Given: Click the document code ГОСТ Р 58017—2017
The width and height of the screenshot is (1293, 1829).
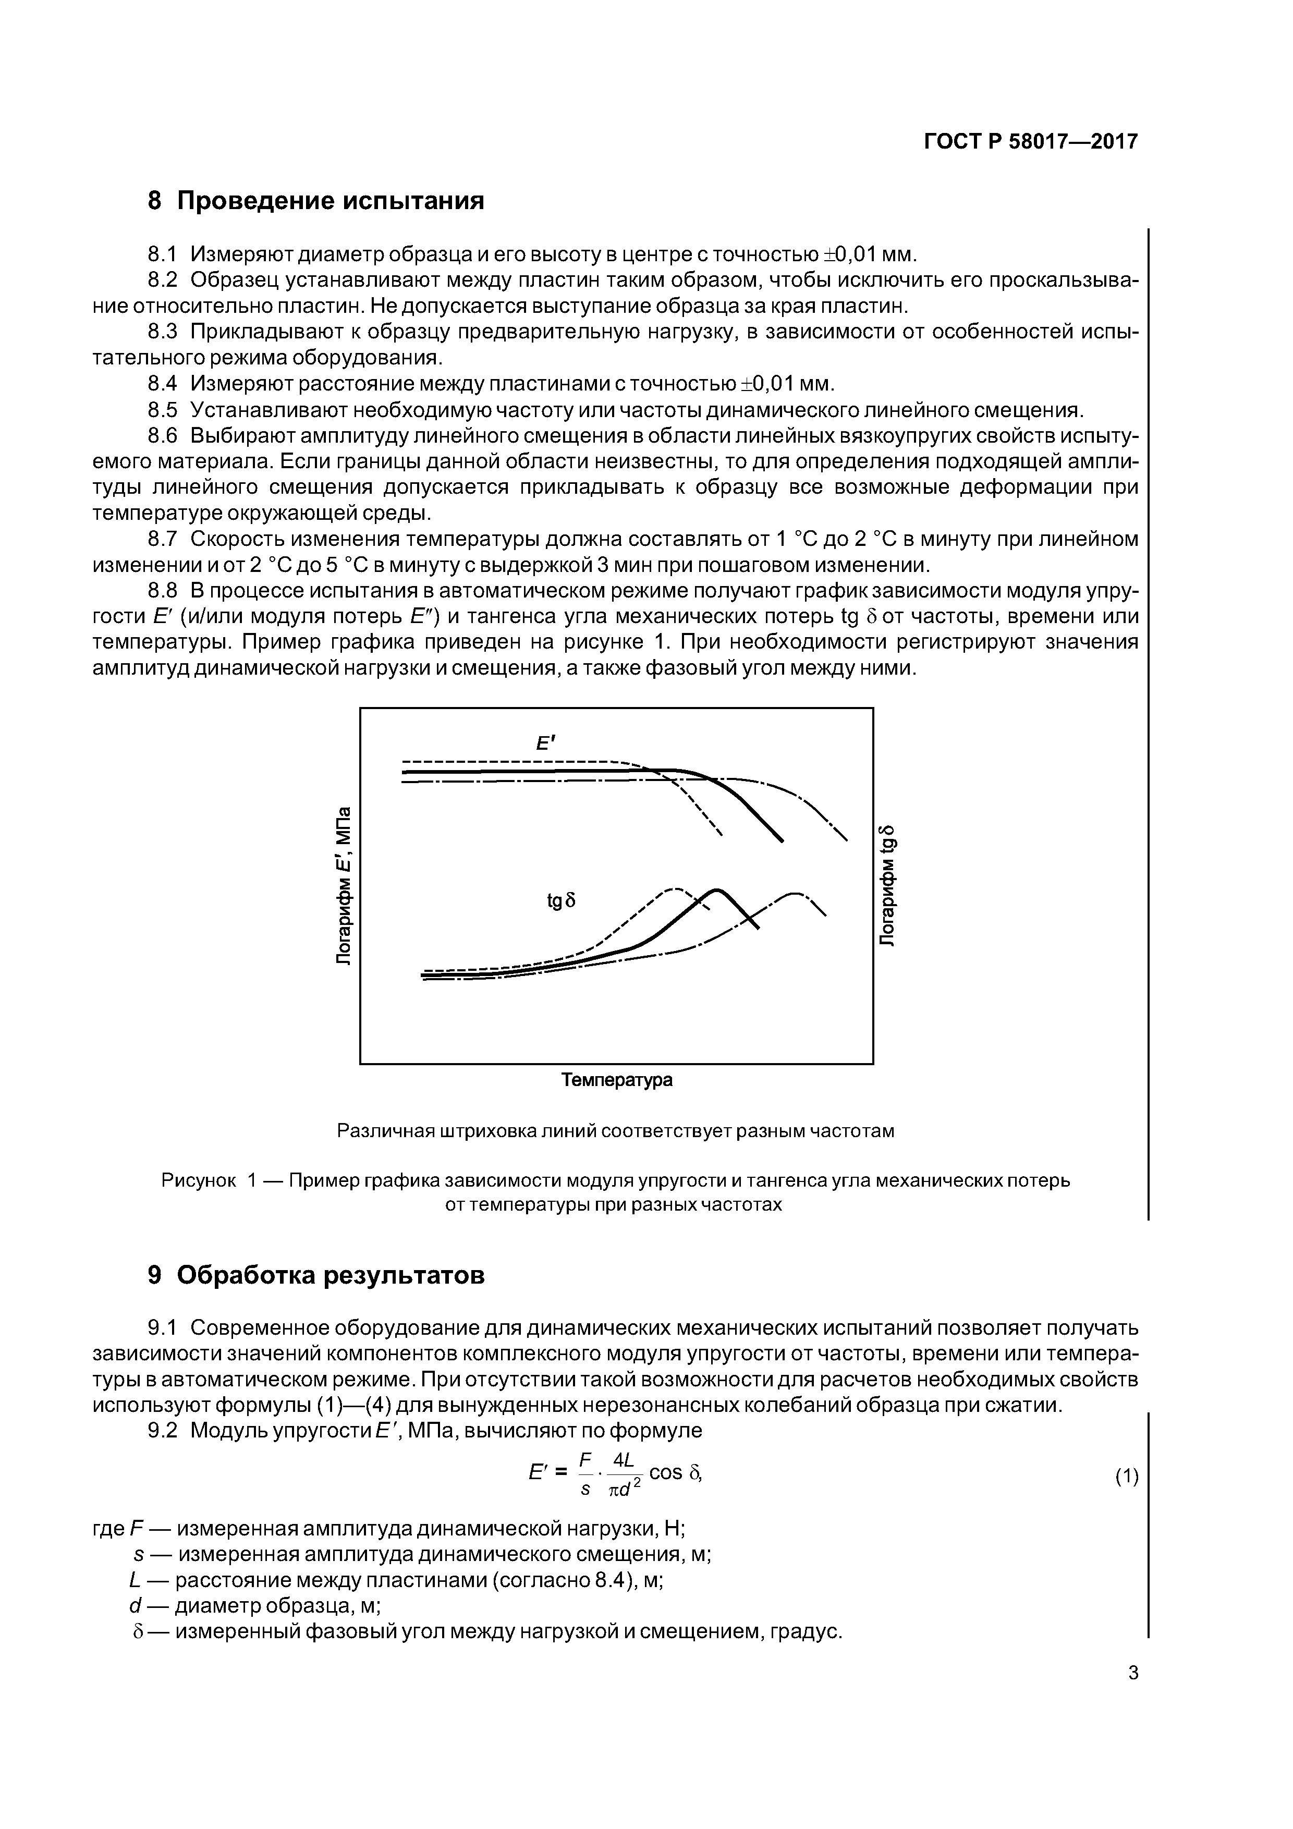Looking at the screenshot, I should (1030, 142).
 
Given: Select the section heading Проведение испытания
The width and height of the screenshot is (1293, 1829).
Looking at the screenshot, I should (330, 201).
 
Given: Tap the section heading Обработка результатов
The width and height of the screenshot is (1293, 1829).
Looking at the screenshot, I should (330, 1275).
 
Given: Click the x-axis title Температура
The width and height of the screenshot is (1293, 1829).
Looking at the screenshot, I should (617, 1080).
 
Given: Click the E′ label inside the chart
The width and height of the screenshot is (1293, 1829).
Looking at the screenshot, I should (545, 743).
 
